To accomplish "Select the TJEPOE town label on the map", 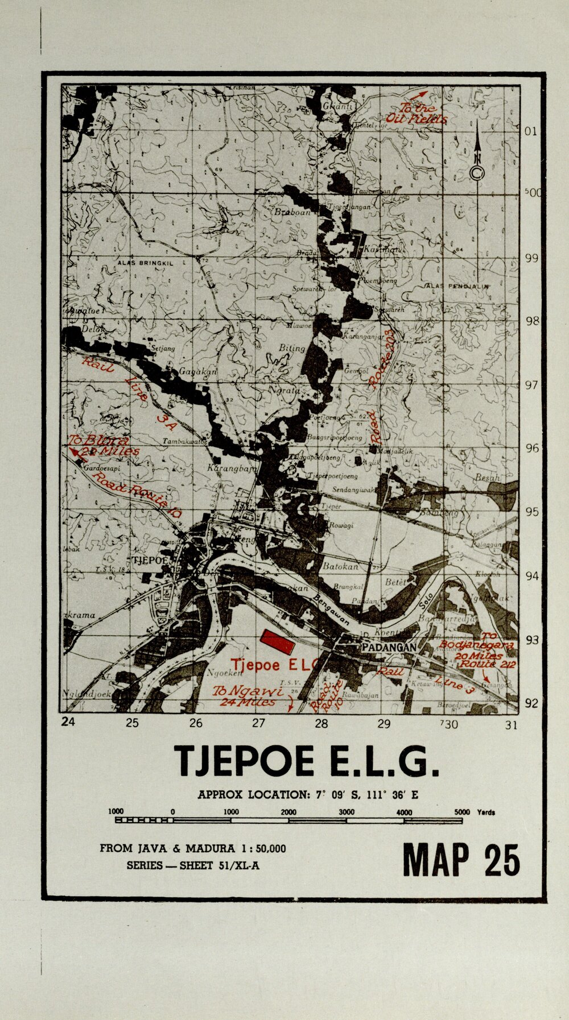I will click(x=150, y=560).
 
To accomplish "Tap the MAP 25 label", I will click(x=461, y=860).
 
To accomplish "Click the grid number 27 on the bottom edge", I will click(x=259, y=723).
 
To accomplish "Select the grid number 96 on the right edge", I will click(x=531, y=449).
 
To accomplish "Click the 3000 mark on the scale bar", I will click(x=347, y=812).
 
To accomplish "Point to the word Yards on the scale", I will click(x=486, y=812).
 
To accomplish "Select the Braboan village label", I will click(x=292, y=212).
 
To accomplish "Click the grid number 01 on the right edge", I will click(x=530, y=131).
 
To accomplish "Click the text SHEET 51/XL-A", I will click(x=222, y=865).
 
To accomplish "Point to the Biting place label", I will click(x=292, y=347).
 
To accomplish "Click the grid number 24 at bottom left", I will click(x=68, y=722).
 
